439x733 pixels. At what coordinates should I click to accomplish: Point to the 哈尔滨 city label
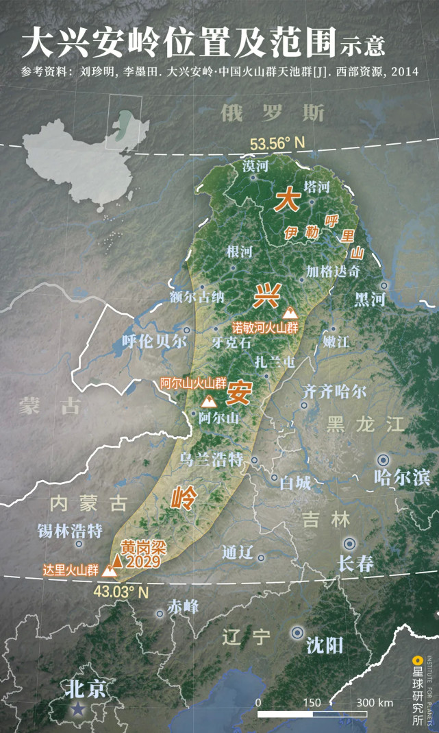[402, 477]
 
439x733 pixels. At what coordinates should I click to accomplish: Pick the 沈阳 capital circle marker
[298, 633]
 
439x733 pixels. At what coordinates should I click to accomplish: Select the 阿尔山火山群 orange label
[193, 383]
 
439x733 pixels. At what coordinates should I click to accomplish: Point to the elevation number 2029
[143, 562]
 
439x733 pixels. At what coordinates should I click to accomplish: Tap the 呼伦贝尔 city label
[153, 341]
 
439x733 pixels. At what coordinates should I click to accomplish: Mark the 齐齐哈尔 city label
[335, 392]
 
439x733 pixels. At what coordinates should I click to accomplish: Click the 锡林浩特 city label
[70, 531]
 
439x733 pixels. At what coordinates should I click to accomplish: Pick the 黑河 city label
[371, 299]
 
